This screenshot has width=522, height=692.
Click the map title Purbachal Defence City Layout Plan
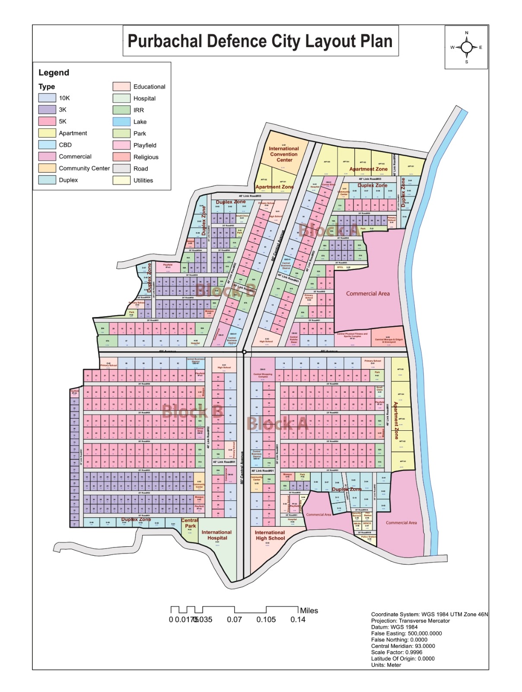tap(260, 41)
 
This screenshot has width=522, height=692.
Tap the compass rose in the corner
tap(466, 47)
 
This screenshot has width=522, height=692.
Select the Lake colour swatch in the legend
tap(121, 122)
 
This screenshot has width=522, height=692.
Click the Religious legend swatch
tap(121, 157)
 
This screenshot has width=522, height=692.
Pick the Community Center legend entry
tap(84, 168)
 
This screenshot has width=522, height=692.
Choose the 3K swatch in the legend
tap(47, 110)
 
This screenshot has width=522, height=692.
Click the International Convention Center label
tap(284, 154)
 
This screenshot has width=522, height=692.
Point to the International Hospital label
tap(217, 535)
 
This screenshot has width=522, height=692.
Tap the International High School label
tap(270, 535)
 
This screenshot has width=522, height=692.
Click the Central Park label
tap(190, 523)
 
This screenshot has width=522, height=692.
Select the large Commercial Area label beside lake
tap(368, 294)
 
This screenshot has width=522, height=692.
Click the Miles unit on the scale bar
tap(309, 611)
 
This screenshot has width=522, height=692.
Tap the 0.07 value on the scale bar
tap(234, 620)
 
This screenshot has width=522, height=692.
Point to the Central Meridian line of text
tap(403, 646)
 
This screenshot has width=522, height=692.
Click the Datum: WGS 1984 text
tap(394, 627)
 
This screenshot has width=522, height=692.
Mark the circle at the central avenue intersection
tap(244, 352)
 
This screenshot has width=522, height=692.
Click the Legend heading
tap(54, 73)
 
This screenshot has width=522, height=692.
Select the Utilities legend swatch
tap(121, 180)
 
